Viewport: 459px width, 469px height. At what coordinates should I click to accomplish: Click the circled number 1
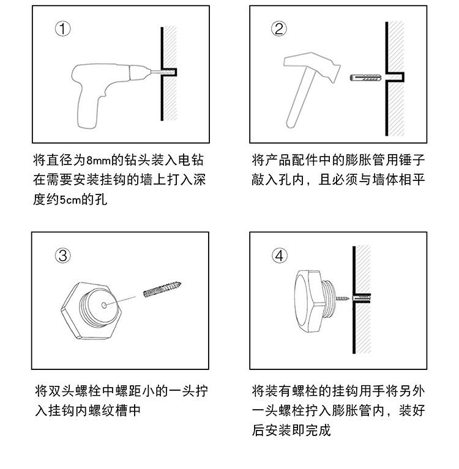point(62,29)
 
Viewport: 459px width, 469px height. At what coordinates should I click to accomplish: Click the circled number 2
point(278,29)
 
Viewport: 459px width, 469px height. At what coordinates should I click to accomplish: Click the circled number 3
point(63,256)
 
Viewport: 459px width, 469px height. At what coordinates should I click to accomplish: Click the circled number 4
point(279,256)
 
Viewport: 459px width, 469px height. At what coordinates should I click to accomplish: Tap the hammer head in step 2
point(312,67)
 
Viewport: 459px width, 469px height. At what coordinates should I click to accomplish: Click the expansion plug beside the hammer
point(365,78)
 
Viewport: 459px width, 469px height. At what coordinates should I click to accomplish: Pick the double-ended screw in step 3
point(162,289)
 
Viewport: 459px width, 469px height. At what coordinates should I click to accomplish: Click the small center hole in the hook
point(104,305)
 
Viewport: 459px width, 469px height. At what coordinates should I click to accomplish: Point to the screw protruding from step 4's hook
point(342,298)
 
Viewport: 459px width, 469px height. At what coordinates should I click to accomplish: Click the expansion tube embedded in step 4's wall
point(362,298)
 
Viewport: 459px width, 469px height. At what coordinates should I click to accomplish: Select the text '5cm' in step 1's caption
point(70,200)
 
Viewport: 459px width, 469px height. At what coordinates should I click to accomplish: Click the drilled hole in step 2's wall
point(395,77)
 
